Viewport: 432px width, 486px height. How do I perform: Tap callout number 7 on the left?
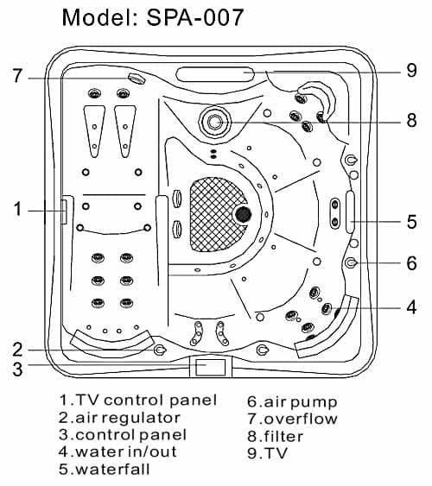16,77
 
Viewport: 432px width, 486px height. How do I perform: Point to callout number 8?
411,121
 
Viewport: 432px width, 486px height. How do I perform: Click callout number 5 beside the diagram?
411,222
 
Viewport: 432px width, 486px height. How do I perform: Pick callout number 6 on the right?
411,262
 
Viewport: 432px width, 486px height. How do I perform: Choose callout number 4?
411,306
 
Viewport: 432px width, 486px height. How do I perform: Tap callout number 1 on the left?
16,208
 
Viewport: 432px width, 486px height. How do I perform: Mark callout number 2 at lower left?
16,350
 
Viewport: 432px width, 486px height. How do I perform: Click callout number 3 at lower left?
16,369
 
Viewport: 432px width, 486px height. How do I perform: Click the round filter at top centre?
214,122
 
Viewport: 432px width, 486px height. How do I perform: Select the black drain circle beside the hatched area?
243,214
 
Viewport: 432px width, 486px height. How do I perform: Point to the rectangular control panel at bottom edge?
211,367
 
